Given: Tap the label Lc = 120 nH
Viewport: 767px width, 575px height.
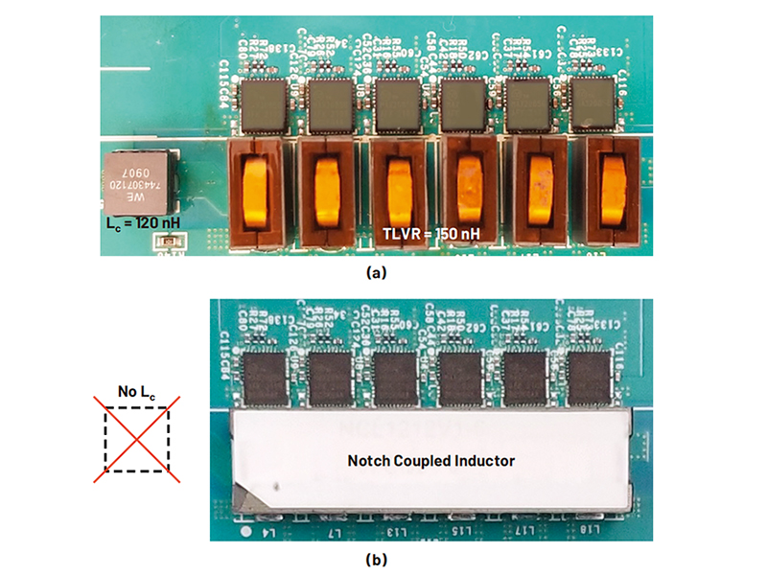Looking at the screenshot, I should click(x=141, y=223).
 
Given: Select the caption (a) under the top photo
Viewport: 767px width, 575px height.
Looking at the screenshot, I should click(x=377, y=272).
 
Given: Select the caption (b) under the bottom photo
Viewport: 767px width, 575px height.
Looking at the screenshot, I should click(x=377, y=558).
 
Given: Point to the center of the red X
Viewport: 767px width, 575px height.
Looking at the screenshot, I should click(x=136, y=438).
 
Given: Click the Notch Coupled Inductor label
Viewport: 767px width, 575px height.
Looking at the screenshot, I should click(x=430, y=461).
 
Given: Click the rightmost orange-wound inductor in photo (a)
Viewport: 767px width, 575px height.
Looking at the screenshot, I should click(x=610, y=192).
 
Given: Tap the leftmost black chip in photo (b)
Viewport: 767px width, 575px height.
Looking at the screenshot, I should click(x=264, y=376).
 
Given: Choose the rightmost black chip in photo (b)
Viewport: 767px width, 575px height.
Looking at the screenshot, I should click(x=592, y=376).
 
